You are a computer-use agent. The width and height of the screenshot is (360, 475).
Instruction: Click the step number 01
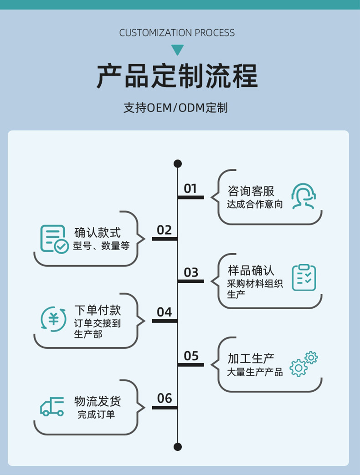click(190, 189)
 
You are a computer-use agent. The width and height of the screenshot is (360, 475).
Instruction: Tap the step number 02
click(164, 230)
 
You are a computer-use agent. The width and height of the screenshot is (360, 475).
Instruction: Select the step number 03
click(191, 273)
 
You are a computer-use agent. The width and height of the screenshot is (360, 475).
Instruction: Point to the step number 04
click(164, 312)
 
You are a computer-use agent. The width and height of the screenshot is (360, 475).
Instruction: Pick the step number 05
click(191, 356)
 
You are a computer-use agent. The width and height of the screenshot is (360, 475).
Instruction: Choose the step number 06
click(164, 398)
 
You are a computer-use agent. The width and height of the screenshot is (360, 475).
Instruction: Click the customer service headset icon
click(303, 196)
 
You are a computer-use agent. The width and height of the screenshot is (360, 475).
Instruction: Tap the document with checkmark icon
click(54, 239)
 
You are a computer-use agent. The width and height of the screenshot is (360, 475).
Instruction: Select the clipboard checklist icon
click(304, 277)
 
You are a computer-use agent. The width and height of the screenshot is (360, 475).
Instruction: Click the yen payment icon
click(54, 319)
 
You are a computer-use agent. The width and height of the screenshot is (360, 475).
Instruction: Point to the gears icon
click(303, 364)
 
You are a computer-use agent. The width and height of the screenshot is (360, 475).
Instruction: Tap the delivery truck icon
click(52, 407)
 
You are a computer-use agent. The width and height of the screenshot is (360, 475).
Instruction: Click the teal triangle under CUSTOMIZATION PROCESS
click(177, 49)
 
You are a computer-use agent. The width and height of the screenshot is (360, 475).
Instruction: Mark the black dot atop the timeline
click(178, 163)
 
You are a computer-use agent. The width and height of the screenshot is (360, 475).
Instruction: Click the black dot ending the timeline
click(178, 447)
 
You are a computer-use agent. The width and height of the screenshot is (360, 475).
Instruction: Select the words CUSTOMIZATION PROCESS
click(177, 33)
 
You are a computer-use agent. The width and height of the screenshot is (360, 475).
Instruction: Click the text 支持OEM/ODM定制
click(175, 108)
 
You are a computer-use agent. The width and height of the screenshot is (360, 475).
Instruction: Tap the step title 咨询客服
click(251, 191)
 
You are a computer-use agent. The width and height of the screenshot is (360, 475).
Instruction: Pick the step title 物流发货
click(98, 401)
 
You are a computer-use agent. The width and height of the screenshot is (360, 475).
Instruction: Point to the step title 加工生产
click(251, 359)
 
